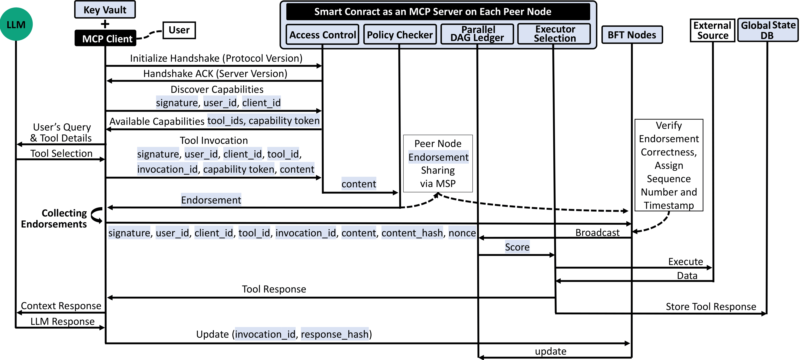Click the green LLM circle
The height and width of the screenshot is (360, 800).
(x=16, y=24)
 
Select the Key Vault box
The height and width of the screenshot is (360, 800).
(x=105, y=10)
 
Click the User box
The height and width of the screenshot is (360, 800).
(x=179, y=30)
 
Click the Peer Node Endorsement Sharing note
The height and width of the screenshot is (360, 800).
(x=438, y=163)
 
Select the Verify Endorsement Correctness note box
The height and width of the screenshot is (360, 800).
(x=669, y=165)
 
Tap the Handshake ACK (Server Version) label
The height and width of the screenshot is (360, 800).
(x=215, y=74)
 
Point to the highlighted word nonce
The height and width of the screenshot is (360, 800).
(x=462, y=233)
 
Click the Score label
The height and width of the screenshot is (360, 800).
(x=517, y=247)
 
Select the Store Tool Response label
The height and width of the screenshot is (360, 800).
(x=711, y=306)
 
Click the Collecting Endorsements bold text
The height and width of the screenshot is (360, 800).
(x=54, y=218)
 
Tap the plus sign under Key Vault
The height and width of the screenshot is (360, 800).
(x=105, y=24)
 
